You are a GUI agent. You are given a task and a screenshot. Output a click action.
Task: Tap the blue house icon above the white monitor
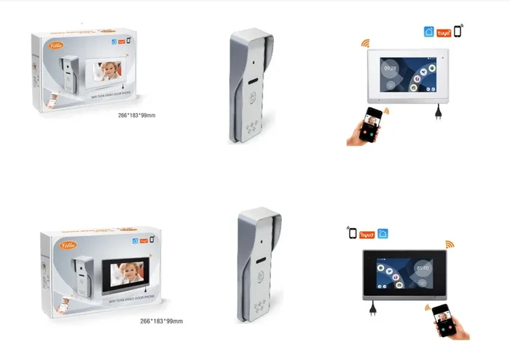point(428,32)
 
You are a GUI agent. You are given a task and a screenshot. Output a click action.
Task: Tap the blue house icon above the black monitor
point(382,234)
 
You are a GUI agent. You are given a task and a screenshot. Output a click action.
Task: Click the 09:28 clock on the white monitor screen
point(391,69)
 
